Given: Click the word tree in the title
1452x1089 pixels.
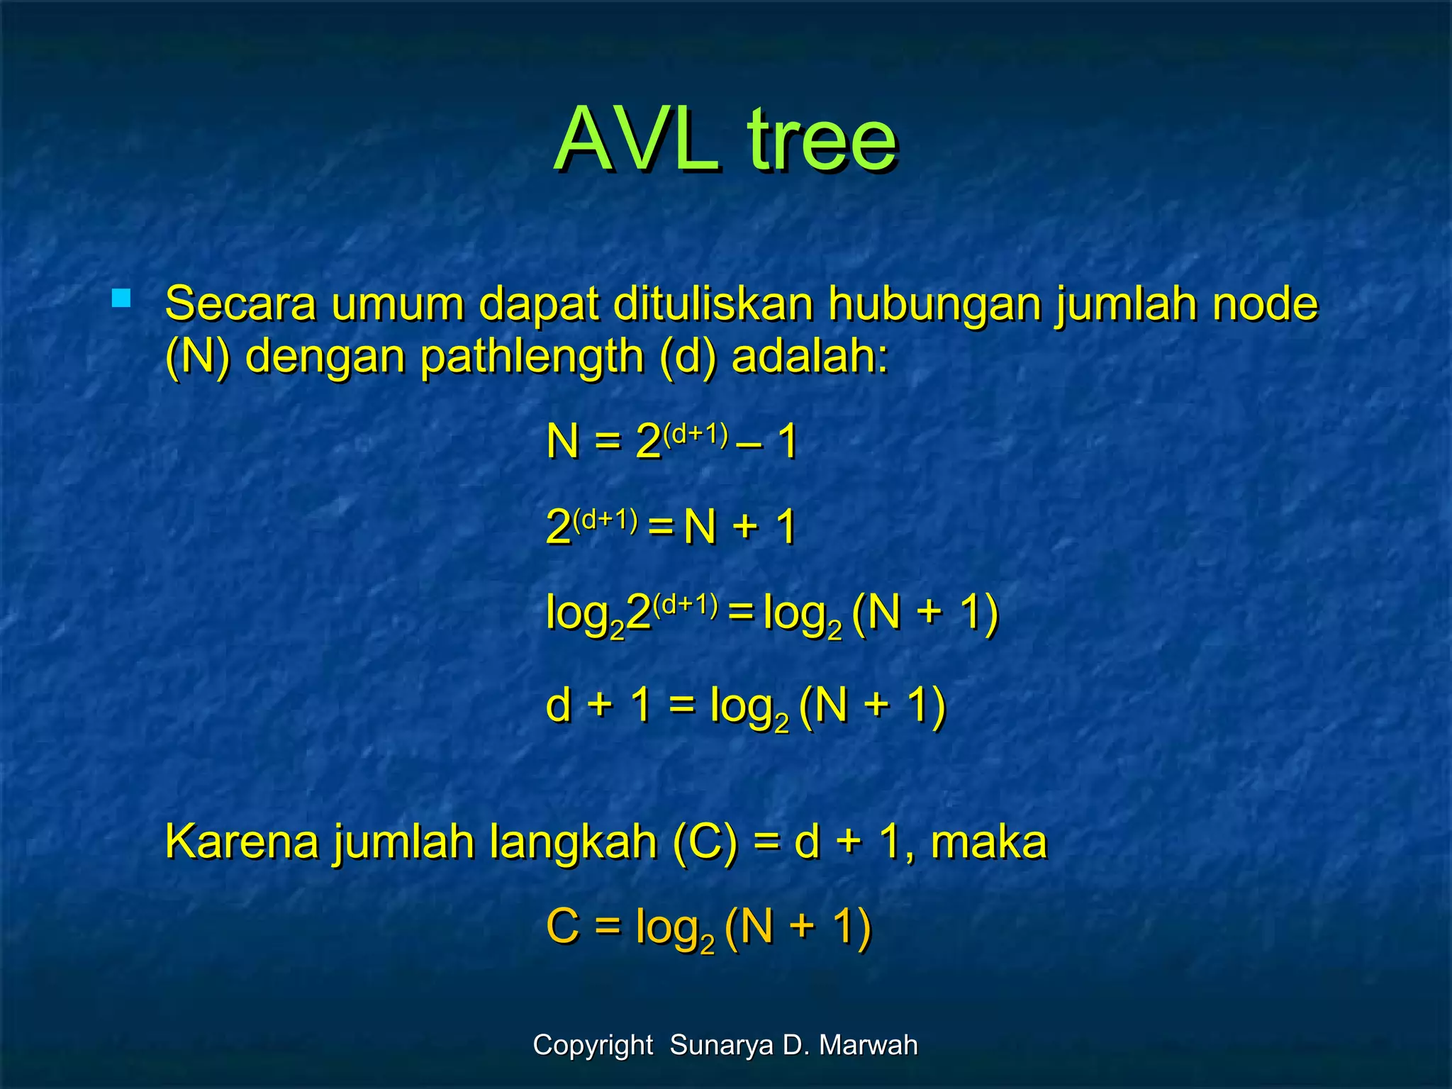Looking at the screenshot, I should (x=822, y=140).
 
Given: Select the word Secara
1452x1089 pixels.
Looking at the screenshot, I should (x=240, y=303).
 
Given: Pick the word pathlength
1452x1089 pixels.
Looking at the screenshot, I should (x=532, y=357).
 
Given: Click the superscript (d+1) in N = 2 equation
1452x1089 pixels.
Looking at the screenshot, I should (x=696, y=433).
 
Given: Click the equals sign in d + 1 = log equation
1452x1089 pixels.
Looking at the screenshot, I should (x=681, y=705).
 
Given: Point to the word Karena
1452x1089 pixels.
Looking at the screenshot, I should (x=242, y=842).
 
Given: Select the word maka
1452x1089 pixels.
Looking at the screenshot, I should (x=988, y=842).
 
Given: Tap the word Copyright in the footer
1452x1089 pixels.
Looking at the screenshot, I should (x=593, y=1045).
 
